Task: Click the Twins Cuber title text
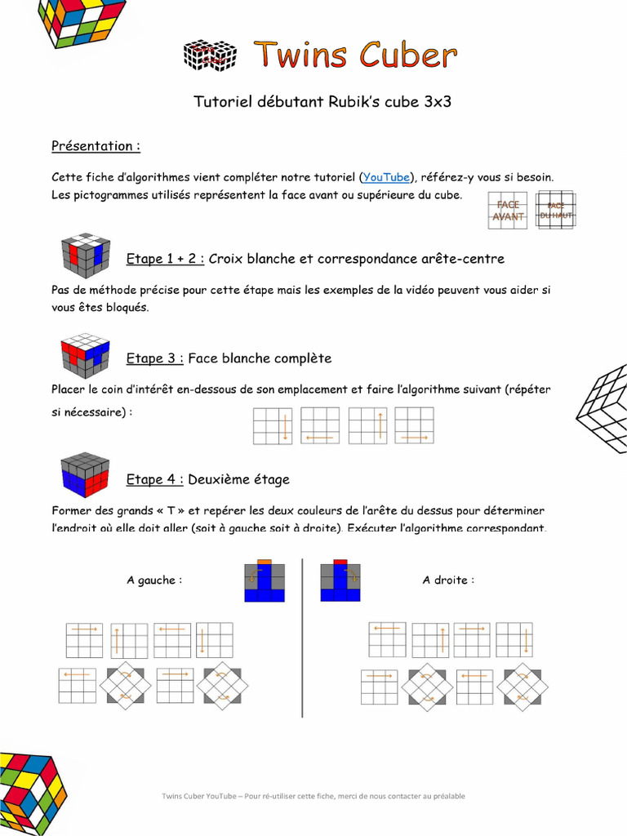pos(354,56)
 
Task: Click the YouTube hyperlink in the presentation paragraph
pos(386,177)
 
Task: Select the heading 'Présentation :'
pos(96,146)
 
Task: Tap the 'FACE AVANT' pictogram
pos(507,211)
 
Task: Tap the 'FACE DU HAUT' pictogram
pos(556,211)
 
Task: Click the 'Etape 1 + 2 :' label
pos(165,259)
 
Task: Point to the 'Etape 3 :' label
pos(155,358)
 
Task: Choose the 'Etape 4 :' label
pos(155,479)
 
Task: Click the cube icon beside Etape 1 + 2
pos(86,256)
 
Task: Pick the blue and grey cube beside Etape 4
pos(86,474)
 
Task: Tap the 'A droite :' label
pos(448,580)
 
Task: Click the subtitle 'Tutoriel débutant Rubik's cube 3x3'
pos(322,102)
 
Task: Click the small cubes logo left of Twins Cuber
pos(210,56)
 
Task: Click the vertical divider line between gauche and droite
pos(302,637)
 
